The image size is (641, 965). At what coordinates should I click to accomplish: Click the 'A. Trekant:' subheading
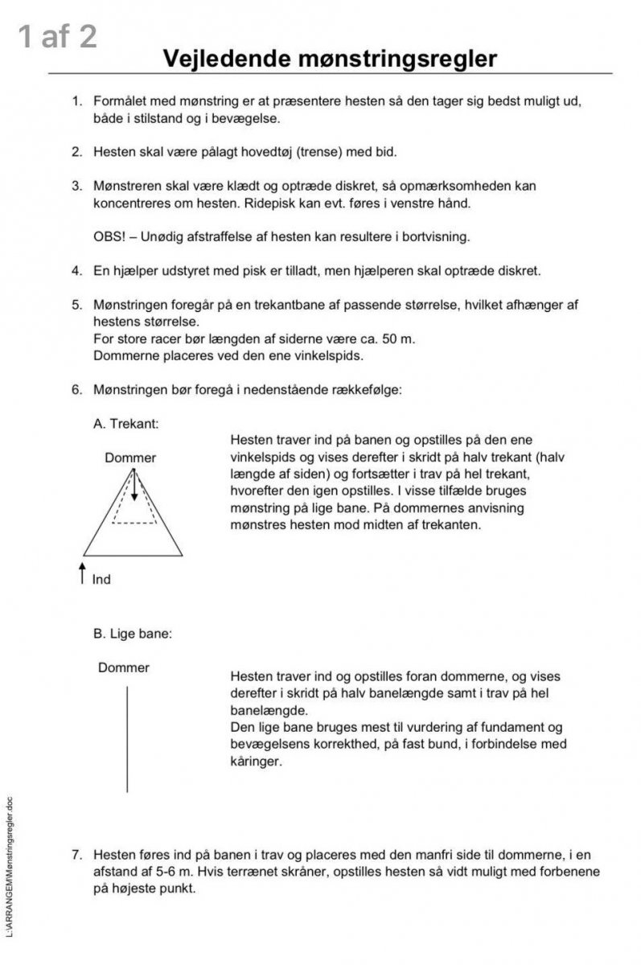(x=126, y=423)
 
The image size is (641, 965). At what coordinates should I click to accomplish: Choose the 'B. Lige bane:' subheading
(x=133, y=633)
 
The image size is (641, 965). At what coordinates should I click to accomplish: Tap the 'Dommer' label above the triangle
(x=130, y=458)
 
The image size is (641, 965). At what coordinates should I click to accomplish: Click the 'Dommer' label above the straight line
(x=124, y=667)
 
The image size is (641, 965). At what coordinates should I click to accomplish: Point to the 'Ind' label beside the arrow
(x=102, y=579)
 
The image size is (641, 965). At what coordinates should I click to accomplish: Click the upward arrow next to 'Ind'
(x=83, y=574)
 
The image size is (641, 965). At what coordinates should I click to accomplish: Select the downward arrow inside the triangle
(x=134, y=487)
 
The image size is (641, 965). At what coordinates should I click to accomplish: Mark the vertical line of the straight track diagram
(x=127, y=738)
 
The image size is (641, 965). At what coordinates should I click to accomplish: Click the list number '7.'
(x=77, y=854)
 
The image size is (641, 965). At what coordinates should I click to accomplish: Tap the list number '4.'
(x=77, y=270)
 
